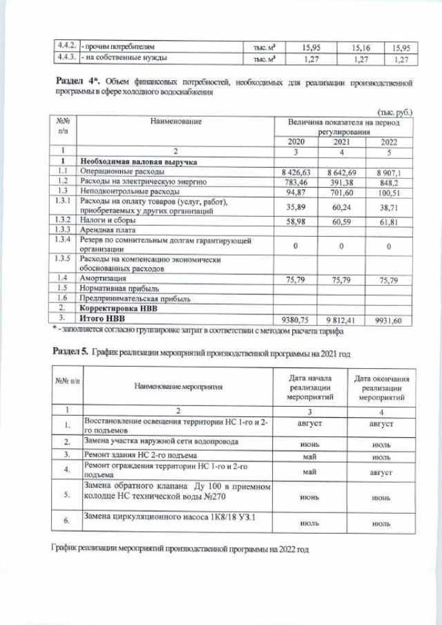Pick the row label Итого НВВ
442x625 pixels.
click(x=104, y=319)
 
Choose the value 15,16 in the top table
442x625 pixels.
click(x=361, y=48)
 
